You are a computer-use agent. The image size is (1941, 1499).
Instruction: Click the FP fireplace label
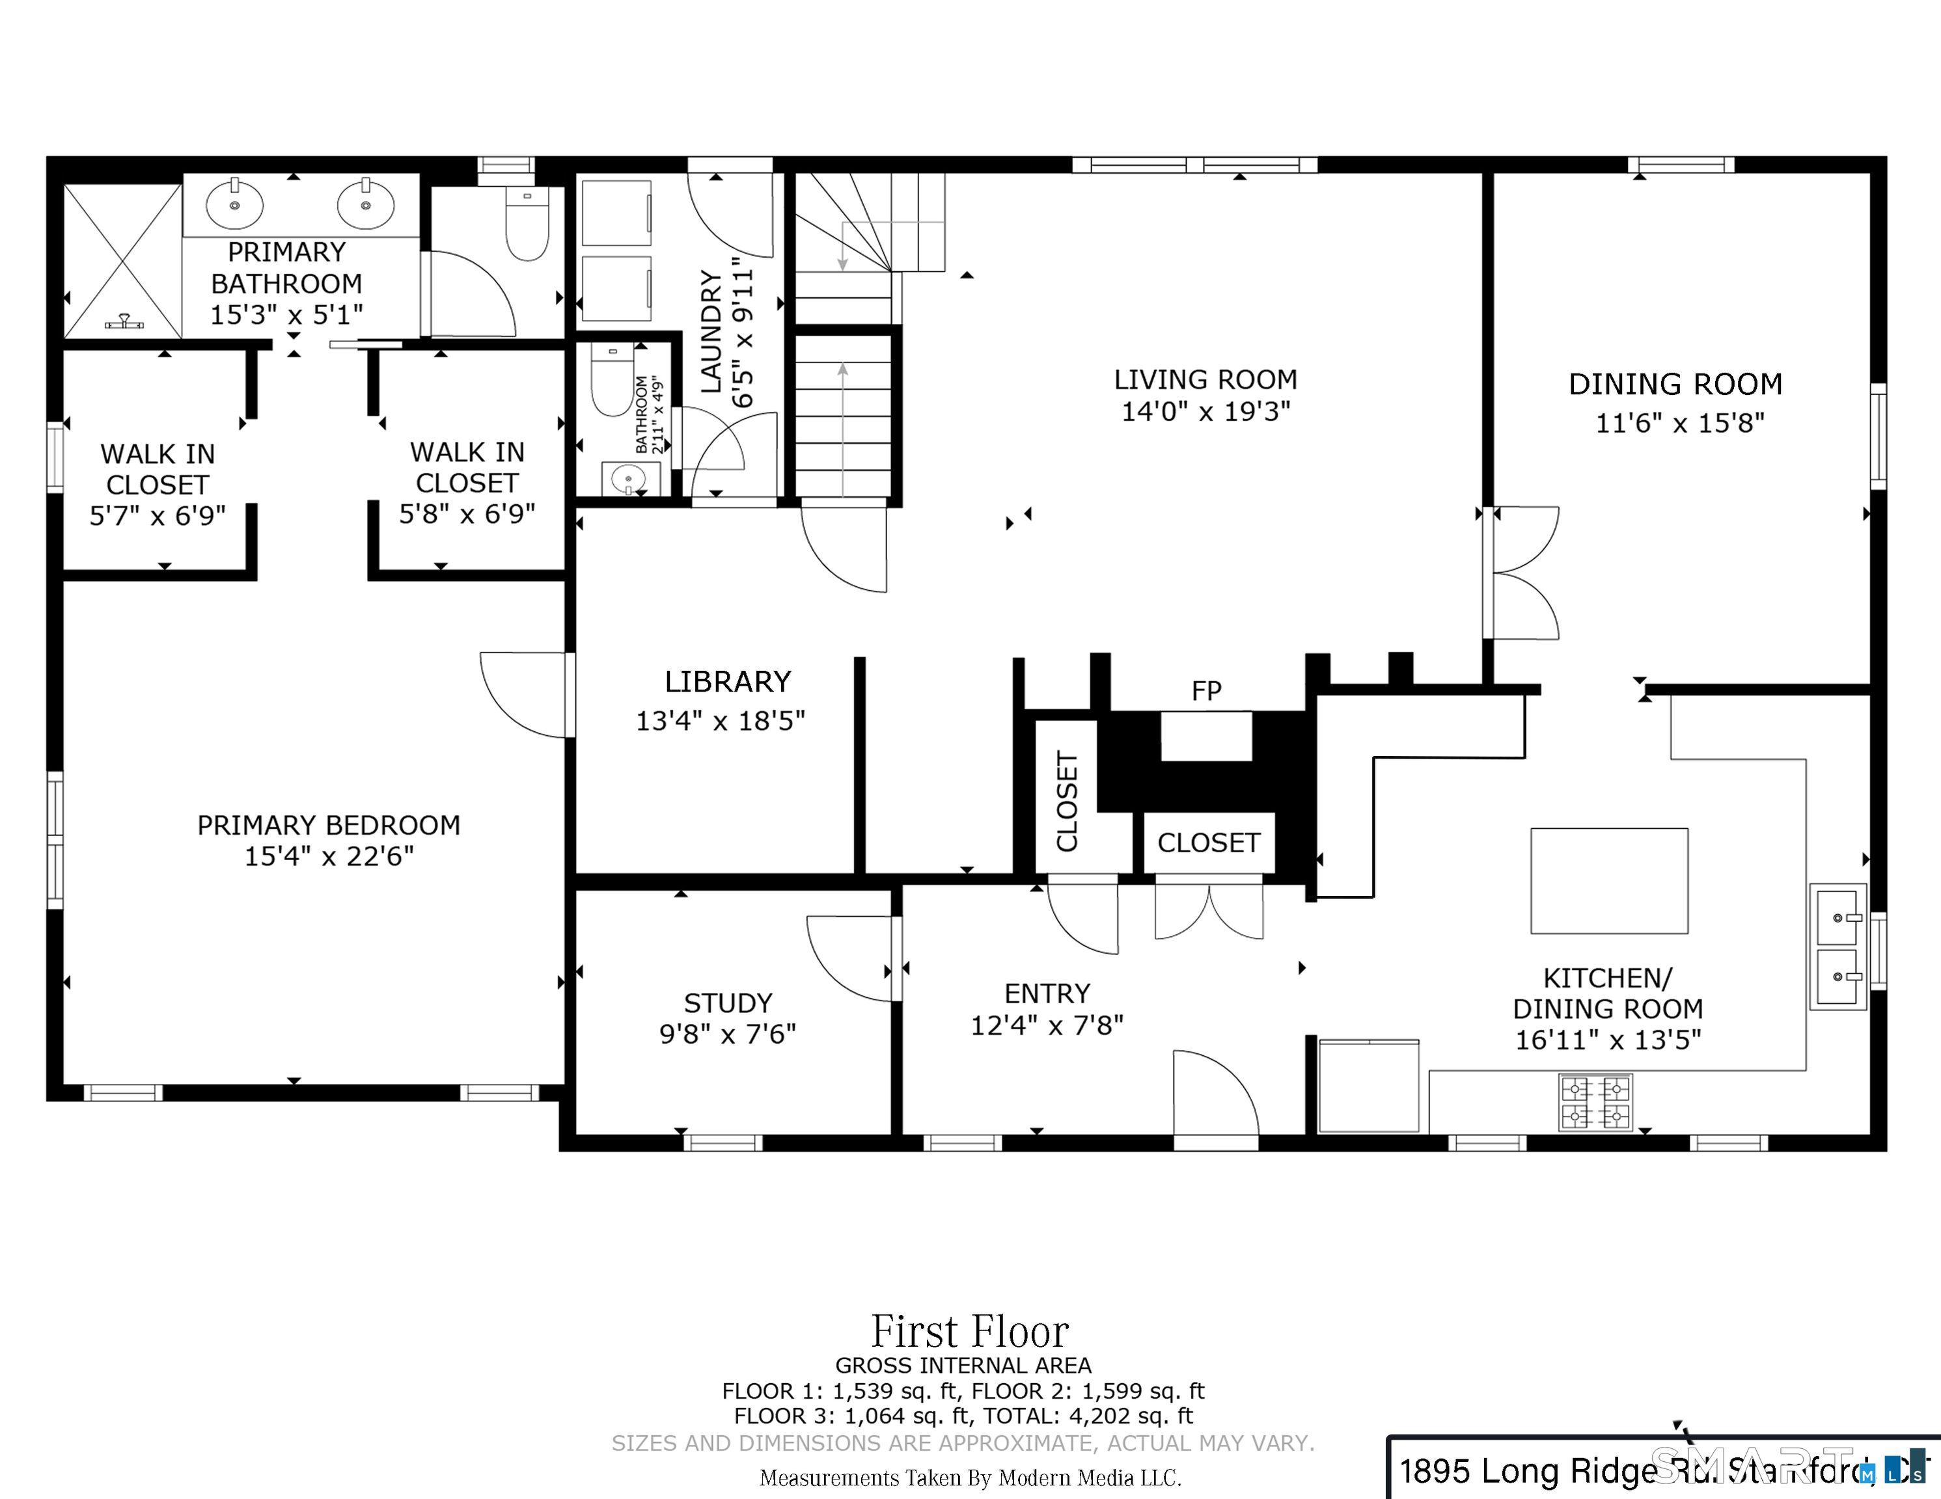pos(1206,690)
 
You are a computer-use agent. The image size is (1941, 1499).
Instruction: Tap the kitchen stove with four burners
pos(1595,1103)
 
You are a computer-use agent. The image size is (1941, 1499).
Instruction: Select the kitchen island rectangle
pos(1608,880)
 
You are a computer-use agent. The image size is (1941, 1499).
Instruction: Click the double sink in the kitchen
pos(1838,947)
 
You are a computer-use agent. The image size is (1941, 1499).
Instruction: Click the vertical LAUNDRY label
pos(711,332)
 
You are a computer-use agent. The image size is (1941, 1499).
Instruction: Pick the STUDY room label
pos(728,1003)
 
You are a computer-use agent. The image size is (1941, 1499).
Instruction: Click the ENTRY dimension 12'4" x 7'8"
pos(1047,1025)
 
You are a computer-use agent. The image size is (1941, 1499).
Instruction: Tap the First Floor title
pos(970,1331)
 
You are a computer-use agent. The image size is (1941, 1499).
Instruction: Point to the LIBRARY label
pos(728,682)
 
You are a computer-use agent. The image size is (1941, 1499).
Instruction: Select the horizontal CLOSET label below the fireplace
pos(1208,843)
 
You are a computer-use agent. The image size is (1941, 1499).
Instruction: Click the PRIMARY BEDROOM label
pos(329,826)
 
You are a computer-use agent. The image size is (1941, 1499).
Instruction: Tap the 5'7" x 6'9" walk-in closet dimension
pos(158,515)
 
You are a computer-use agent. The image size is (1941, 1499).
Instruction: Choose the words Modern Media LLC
pos(1089,1478)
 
